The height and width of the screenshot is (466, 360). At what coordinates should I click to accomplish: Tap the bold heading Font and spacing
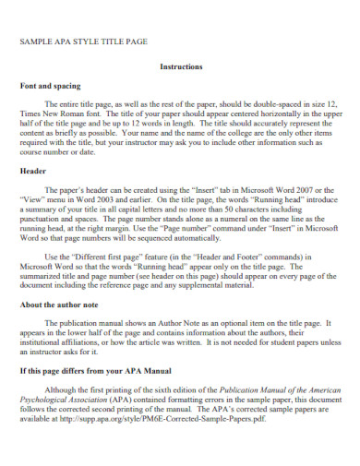click(x=50, y=85)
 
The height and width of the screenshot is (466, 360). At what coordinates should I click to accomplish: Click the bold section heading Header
click(x=33, y=173)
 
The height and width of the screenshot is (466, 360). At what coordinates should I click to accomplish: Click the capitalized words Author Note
click(x=164, y=323)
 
